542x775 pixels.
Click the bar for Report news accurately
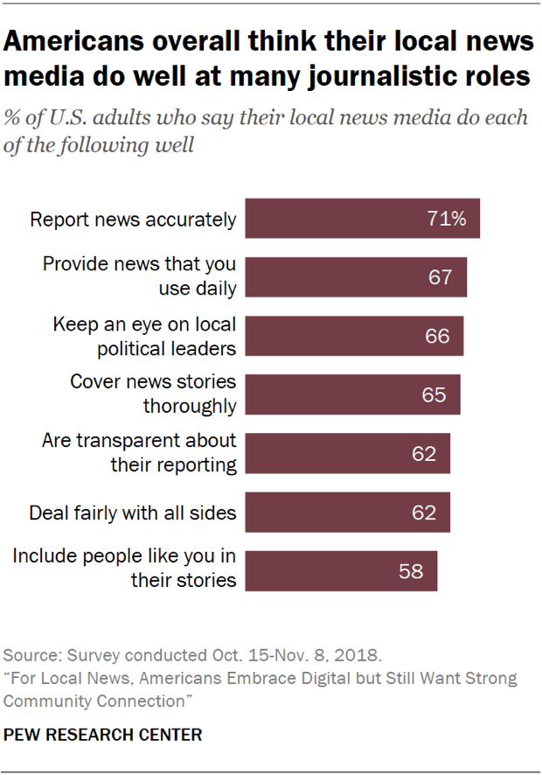coord(362,219)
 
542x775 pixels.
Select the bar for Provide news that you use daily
coord(356,277)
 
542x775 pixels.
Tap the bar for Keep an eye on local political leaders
coord(354,336)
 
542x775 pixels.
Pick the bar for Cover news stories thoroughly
coord(352,394)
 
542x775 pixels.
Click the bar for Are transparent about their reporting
coord(347,453)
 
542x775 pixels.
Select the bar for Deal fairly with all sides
coord(347,512)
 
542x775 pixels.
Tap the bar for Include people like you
coord(341,570)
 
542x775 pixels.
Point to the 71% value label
coord(446,219)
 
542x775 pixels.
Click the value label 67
coord(440,277)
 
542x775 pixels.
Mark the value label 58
coord(411,570)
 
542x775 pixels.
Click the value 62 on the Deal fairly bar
coord(423,512)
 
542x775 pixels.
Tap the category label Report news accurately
coord(133,219)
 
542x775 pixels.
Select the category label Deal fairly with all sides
coord(133,512)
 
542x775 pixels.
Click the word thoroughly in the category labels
coord(190,406)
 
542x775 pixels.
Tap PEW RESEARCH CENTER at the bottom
coord(103,735)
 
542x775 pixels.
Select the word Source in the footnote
coord(30,655)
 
